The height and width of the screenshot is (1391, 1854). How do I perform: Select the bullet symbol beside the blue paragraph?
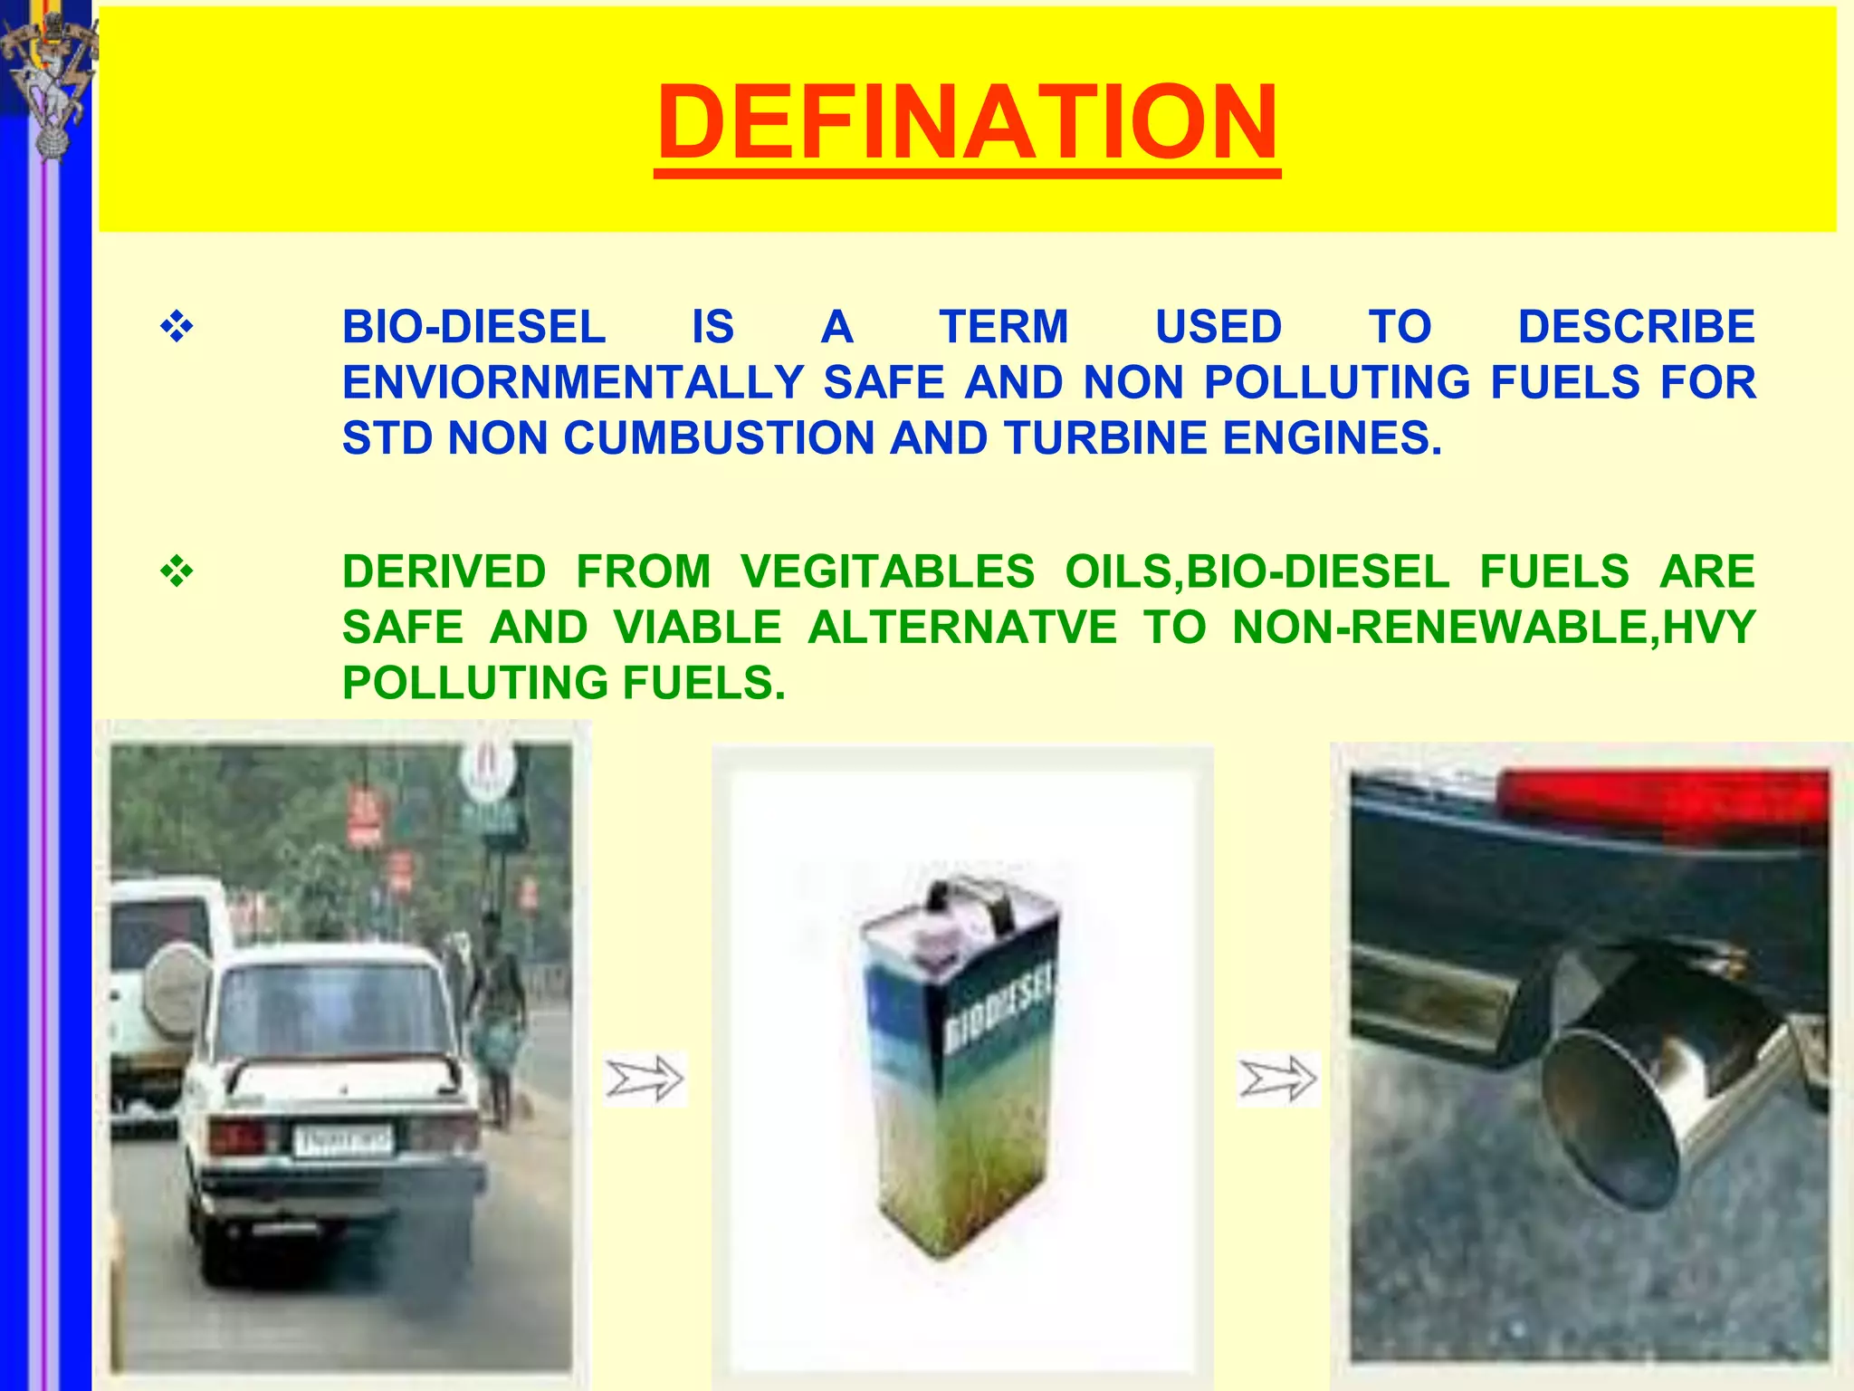coord(177,327)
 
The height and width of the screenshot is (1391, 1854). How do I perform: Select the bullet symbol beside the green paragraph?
coord(177,571)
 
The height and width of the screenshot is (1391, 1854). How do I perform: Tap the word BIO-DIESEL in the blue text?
coord(473,327)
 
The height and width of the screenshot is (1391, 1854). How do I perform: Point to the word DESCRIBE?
coord(1636,327)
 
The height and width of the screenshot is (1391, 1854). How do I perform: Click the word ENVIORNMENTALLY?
coord(573,382)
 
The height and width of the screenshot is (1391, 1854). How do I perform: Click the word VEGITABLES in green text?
coord(887,571)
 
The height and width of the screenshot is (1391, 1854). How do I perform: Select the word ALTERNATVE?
coord(962,628)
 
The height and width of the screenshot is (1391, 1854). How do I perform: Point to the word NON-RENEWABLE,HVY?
coord(1494,628)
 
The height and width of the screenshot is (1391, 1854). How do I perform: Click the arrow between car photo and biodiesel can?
coord(645,1079)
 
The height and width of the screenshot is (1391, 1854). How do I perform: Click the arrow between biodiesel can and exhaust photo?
coord(1277,1079)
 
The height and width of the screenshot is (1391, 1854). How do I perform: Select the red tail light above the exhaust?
coord(1666,801)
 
